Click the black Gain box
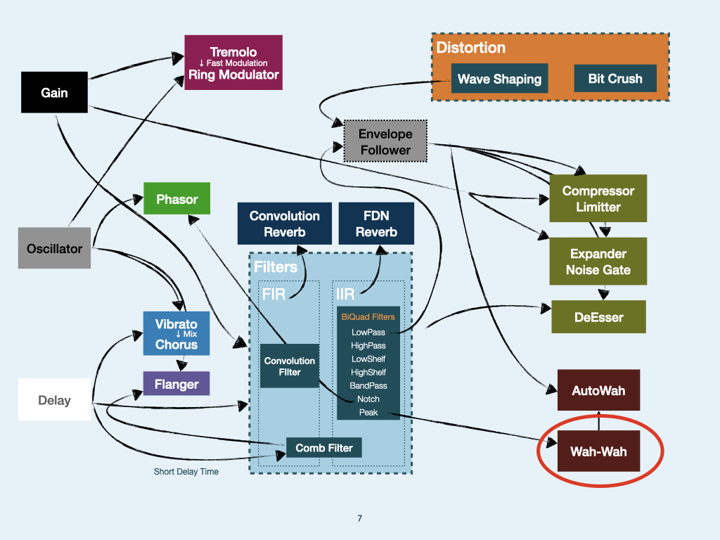click(x=54, y=92)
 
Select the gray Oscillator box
click(x=54, y=248)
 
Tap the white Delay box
click(x=54, y=400)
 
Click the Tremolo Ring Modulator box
click(x=233, y=63)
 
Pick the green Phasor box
click(x=176, y=199)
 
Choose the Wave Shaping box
click(x=499, y=79)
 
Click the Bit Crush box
click(x=615, y=79)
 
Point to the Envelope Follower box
click(x=385, y=141)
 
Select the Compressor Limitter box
click(x=598, y=198)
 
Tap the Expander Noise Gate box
click(x=598, y=262)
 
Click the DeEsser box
click(x=598, y=317)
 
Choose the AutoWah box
click(x=598, y=390)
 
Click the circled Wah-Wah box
click(x=598, y=451)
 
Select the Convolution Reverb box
click(x=284, y=224)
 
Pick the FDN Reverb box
click(x=376, y=224)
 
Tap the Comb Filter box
click(x=323, y=447)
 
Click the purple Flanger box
click(x=176, y=385)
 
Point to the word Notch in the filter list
click(x=368, y=399)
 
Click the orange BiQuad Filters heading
click(x=368, y=317)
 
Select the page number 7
click(x=359, y=518)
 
